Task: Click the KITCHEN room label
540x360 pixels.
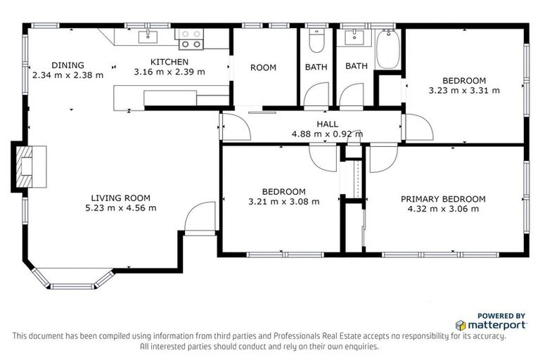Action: (x=169, y=62)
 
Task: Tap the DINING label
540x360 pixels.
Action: (x=67, y=65)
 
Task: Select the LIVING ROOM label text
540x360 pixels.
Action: (x=120, y=198)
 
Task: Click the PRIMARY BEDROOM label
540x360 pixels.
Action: (x=443, y=199)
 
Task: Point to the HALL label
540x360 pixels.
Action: (x=327, y=124)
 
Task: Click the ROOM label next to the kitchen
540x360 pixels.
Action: (x=263, y=67)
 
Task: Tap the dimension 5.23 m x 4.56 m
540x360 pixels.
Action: (x=120, y=208)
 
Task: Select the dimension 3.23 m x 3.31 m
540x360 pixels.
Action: (x=464, y=91)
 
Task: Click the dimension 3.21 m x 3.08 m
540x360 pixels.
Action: (x=284, y=202)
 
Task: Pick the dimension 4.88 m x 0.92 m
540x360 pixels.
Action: (x=327, y=134)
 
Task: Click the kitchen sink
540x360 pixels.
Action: (x=148, y=37)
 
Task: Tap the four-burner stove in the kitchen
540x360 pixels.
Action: (x=189, y=39)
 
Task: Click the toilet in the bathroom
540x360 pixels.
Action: (x=317, y=40)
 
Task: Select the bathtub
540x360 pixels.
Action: (x=388, y=49)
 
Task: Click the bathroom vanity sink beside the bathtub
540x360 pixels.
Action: (x=354, y=38)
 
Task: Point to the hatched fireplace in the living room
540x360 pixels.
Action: (x=25, y=167)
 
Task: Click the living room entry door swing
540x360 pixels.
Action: (x=200, y=219)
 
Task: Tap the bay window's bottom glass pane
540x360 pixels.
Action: (x=72, y=286)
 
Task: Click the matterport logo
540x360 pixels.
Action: (x=491, y=325)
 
